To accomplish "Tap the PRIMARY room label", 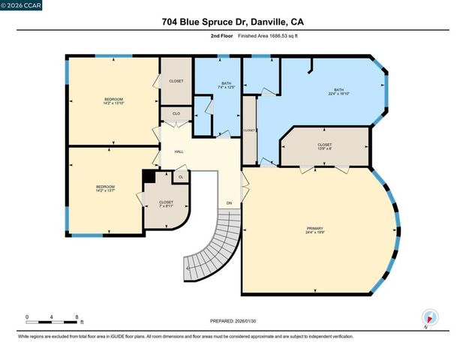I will (315, 228).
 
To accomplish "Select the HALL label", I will (179, 152).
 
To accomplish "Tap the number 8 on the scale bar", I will (77, 317).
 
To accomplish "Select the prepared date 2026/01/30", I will (233, 321).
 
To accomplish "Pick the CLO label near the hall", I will (176, 114).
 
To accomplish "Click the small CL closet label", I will (180, 177).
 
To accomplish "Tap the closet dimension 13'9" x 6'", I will (324, 148).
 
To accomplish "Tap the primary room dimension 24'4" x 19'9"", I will (315, 233).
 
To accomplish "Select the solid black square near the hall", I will (149, 175).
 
